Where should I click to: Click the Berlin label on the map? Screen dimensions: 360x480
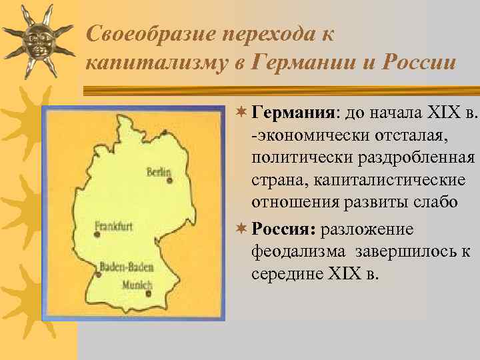coord(159,171)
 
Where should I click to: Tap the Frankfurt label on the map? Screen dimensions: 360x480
coord(114,226)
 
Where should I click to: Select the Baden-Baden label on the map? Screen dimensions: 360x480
coord(127,268)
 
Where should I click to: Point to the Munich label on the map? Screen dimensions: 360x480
coord(137,284)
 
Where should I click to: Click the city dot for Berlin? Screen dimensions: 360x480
coord(170,181)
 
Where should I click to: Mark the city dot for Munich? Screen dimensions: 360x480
coord(149,293)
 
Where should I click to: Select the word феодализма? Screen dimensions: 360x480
coord(299,251)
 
